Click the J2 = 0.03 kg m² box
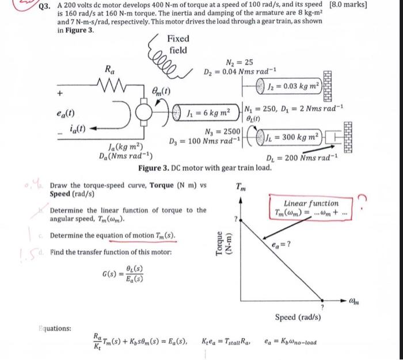pyautogui.click(x=295, y=87)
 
